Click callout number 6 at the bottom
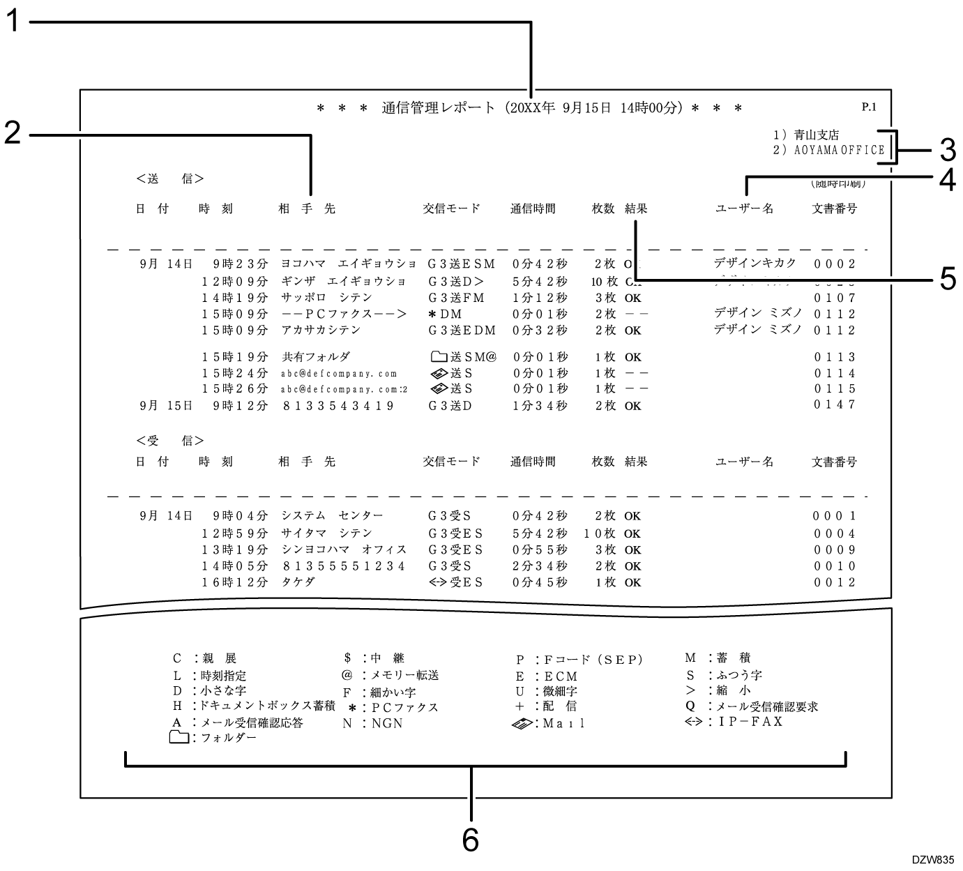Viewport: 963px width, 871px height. (471, 840)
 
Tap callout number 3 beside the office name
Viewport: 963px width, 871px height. (946, 149)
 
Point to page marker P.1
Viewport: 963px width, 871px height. (868, 107)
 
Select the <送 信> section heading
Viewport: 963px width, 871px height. (169, 179)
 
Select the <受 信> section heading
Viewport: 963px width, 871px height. (169, 441)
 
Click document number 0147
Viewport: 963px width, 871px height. (835, 405)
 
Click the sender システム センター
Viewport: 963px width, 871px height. (332, 516)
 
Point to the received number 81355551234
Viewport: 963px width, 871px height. (343, 566)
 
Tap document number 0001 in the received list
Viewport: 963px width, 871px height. (835, 517)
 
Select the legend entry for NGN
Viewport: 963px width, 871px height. (373, 724)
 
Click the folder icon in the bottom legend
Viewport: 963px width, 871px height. (180, 738)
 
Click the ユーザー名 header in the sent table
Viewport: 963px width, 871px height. (744, 209)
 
